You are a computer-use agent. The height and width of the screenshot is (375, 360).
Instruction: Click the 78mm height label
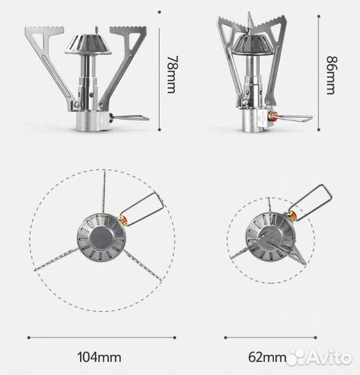coord(172,74)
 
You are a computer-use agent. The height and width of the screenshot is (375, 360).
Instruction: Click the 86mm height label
coord(332,75)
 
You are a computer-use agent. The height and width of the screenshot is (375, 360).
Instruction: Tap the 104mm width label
coord(99,358)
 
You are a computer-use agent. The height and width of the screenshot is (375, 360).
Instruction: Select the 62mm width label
coord(267,358)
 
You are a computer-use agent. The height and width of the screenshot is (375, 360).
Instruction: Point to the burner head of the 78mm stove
coord(88,44)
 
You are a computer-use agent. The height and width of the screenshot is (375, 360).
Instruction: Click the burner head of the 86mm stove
coord(252,45)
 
